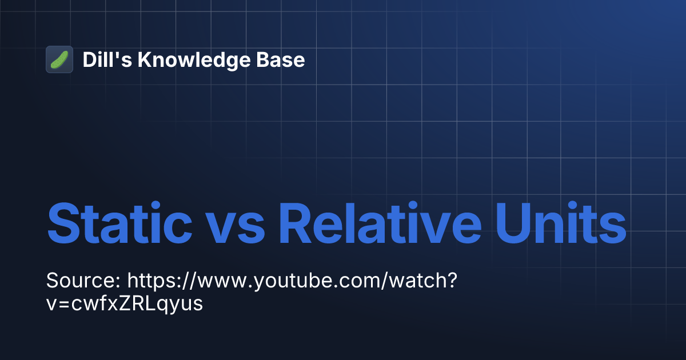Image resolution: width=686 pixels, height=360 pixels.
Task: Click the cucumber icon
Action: tap(59, 59)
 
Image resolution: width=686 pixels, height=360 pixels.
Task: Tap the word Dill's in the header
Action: tap(105, 59)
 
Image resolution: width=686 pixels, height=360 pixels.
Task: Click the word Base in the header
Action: tap(284, 59)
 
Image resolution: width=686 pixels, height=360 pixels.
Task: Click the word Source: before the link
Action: tap(83, 281)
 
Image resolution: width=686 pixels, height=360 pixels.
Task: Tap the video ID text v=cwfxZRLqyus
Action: tap(125, 303)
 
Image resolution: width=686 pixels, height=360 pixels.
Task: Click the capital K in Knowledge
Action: tap(147, 59)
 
